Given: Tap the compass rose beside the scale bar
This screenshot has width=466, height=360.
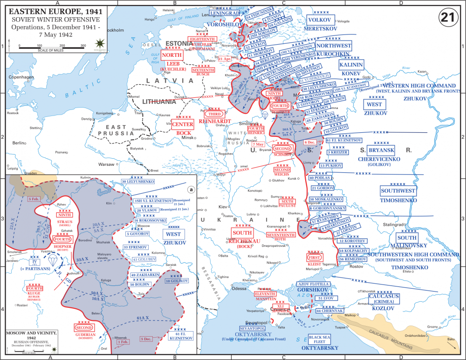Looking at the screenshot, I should tap(98, 44).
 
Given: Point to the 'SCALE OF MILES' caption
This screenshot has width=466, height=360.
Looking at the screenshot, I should tap(50, 50).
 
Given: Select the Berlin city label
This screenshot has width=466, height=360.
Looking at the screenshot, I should tap(19, 143).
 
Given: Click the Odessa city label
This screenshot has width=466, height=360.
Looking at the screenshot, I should tap(239, 288).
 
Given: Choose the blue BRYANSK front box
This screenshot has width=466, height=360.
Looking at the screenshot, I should tap(382, 150).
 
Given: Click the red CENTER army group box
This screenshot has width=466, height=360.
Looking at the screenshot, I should tap(182, 125).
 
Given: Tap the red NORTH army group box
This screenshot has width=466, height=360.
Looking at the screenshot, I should tap(172, 54).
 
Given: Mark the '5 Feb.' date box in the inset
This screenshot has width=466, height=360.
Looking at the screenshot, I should tap(34, 199).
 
